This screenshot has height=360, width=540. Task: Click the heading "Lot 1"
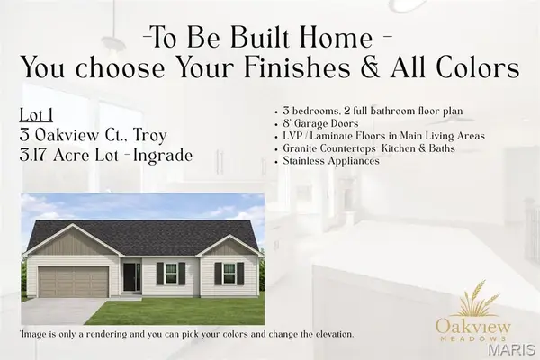[x=35, y=115]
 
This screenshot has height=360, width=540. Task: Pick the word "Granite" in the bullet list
[x=301, y=148]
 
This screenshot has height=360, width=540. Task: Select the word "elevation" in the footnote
[x=328, y=334]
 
